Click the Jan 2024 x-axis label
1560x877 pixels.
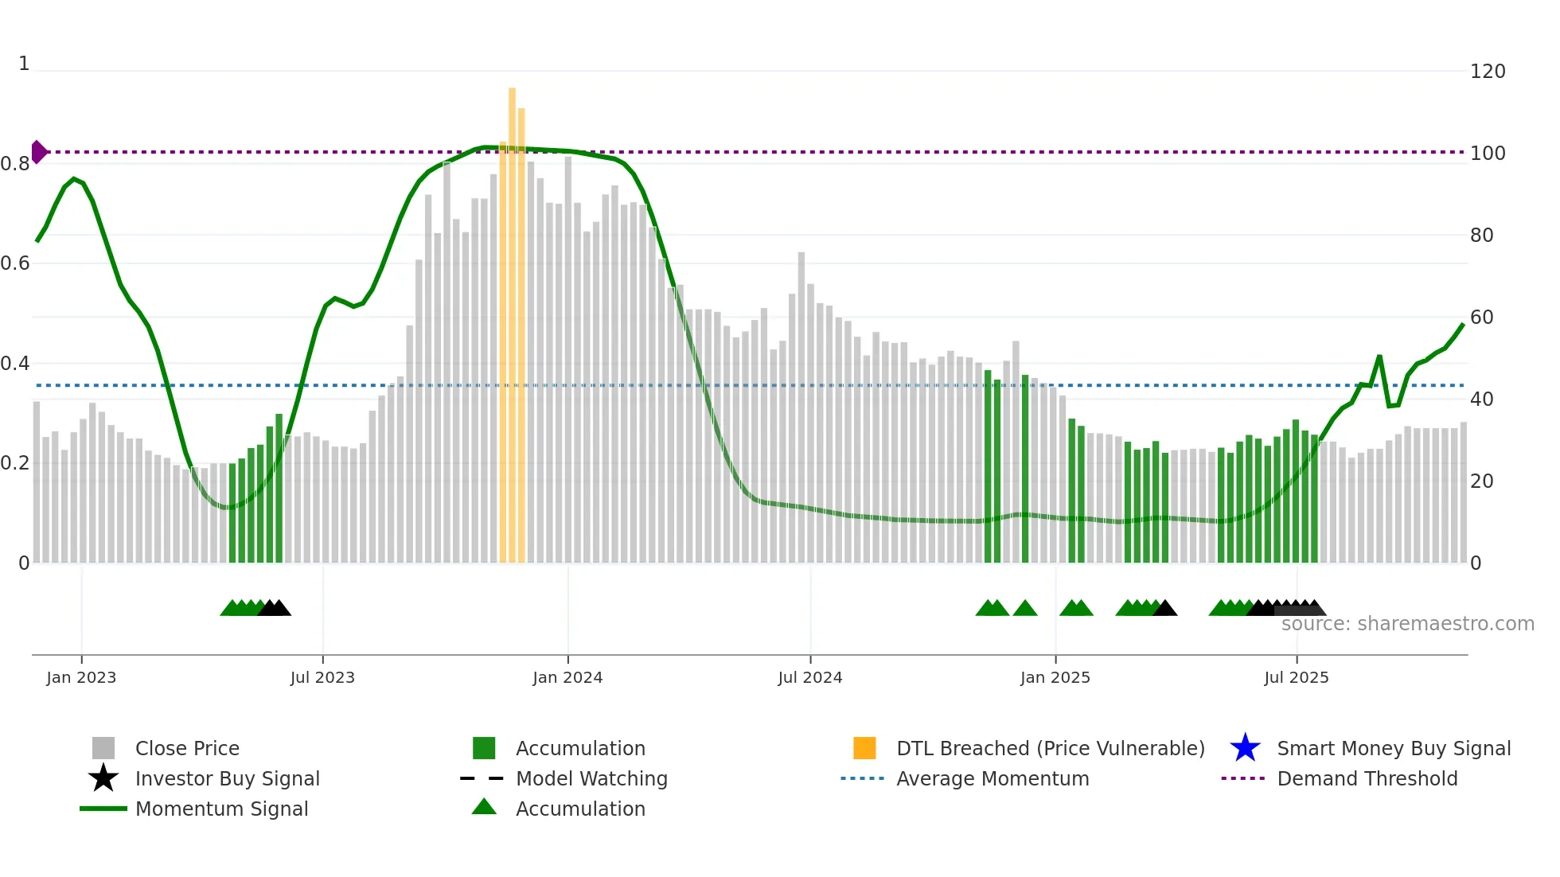click(x=567, y=678)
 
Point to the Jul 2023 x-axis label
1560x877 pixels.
click(x=322, y=678)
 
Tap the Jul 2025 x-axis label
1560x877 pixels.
click(x=1297, y=678)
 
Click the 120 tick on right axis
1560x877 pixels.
click(x=1488, y=72)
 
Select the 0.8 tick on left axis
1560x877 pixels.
click(x=15, y=164)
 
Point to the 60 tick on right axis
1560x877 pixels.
click(x=1482, y=318)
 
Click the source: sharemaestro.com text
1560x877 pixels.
click(x=1407, y=624)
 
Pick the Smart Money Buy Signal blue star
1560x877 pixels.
click(x=1245, y=748)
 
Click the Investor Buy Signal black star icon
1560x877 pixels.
click(x=103, y=778)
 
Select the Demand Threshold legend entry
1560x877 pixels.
click(x=1367, y=778)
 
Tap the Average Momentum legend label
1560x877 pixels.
click(x=993, y=778)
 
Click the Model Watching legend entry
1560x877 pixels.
click(x=591, y=778)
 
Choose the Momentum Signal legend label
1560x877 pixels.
click(x=221, y=809)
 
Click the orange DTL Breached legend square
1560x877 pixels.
click(x=864, y=748)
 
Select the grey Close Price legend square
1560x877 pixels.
click(x=103, y=748)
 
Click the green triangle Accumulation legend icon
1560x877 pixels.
click(x=484, y=808)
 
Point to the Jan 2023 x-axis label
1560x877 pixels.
click(x=81, y=678)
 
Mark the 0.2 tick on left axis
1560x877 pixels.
click(x=15, y=463)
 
